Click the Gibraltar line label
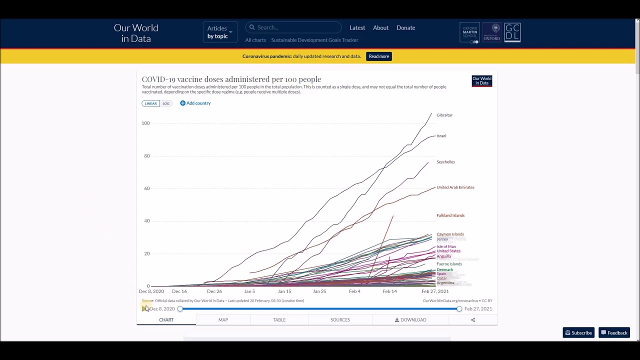444,115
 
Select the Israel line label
441,136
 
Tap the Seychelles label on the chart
445,162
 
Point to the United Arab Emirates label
455,187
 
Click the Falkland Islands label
450,215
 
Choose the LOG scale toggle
166,103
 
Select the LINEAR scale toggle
150,103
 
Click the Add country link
195,103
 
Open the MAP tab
223,320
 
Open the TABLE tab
279,320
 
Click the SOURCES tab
340,320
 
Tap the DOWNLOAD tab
410,320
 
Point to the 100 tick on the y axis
145,123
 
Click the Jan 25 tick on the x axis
319,291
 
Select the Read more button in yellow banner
378,56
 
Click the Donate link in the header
405,28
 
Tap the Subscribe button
578,333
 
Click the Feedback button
614,333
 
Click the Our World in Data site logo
136,33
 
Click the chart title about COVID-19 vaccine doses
231,79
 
